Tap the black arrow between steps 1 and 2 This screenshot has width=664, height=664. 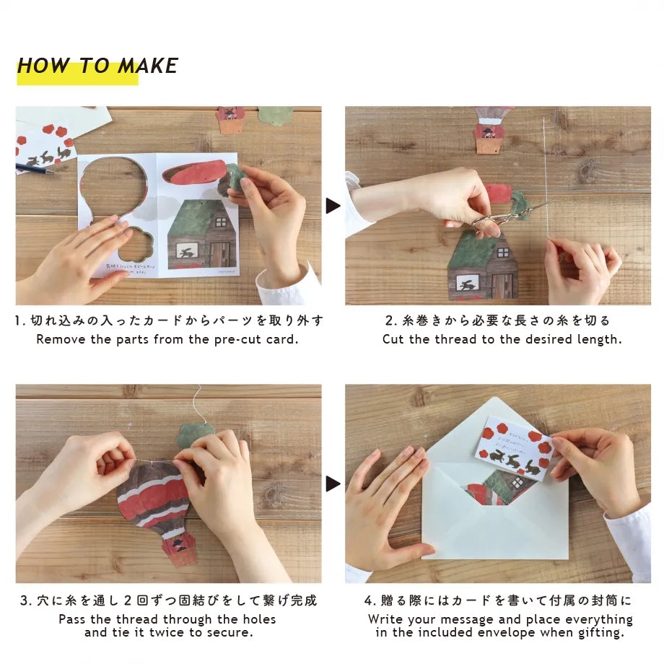pos(333,206)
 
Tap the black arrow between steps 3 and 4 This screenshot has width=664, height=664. pos(333,484)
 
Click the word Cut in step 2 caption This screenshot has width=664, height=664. pos(393,339)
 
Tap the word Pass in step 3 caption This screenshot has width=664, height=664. pos(73,619)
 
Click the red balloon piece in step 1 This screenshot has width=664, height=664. pos(193,173)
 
